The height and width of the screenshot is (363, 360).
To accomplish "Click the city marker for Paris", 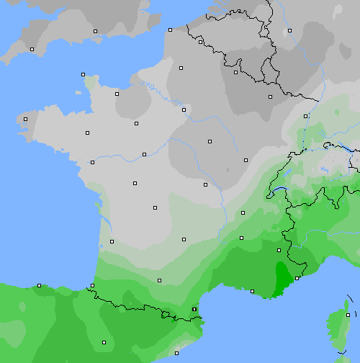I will [184, 109].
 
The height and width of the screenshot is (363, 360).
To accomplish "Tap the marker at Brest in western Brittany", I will [25, 119].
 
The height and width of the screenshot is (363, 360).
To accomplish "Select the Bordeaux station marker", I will [112, 241].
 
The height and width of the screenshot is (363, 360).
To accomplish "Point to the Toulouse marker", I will [159, 280].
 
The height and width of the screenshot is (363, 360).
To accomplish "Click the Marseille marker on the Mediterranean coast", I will [252, 291].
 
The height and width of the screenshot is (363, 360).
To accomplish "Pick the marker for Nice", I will [297, 277].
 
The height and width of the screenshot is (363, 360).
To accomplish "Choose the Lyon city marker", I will [241, 238].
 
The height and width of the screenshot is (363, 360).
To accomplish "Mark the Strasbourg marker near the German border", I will [305, 115].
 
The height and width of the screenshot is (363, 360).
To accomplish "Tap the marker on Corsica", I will [348, 315].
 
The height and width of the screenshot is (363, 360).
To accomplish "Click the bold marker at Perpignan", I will [194, 310].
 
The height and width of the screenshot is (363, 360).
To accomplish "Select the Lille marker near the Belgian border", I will [200, 42].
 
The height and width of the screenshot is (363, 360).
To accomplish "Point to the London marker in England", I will [95, 31].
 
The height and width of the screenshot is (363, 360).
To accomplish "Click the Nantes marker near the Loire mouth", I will [92, 162].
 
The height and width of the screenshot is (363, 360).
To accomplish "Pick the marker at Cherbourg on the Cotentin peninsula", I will [83, 74].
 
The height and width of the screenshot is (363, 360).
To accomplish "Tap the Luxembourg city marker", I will [270, 97].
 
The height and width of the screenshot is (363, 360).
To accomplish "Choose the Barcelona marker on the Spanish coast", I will [176, 353].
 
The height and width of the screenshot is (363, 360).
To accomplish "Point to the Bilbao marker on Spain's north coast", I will [39, 285].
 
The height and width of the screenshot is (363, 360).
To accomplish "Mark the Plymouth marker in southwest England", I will [32, 49].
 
